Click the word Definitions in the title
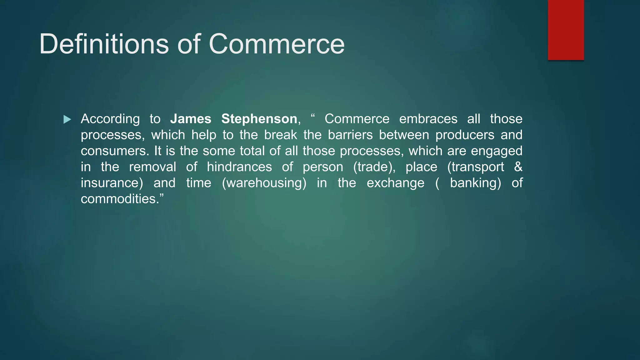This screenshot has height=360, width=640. click(x=104, y=44)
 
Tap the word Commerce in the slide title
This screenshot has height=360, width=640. click(x=276, y=44)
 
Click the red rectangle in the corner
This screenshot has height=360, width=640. click(x=566, y=30)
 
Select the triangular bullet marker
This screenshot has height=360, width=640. click(x=67, y=119)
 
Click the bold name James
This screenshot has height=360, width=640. click(x=191, y=119)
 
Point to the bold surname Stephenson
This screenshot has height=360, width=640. click(x=259, y=119)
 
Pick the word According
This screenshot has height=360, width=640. click(x=110, y=119)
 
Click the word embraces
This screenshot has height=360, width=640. click(x=428, y=119)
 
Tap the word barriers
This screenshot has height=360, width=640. click(x=350, y=135)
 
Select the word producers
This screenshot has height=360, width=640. click(x=465, y=135)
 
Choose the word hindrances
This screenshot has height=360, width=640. click(x=239, y=167)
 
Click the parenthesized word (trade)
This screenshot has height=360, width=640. click(x=374, y=167)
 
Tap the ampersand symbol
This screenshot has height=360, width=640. click(x=518, y=167)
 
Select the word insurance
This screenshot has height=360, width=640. click(x=112, y=183)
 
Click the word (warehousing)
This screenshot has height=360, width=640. click(x=264, y=183)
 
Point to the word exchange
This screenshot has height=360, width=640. click(x=395, y=183)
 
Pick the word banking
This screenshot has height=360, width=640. click(x=475, y=183)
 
